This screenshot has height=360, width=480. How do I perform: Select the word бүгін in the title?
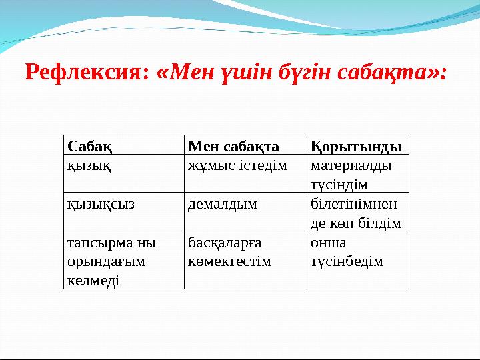tap(317, 71)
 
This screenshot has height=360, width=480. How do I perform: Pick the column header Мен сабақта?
tap(233, 145)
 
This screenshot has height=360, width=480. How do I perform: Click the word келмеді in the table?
tap(93, 281)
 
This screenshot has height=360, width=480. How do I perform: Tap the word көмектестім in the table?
tap(230, 261)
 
